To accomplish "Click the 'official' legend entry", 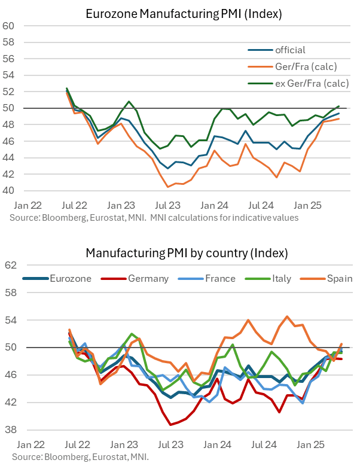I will (x=290, y=50).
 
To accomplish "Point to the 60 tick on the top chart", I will (x=8, y=26).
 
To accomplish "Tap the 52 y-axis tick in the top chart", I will (x=8, y=92).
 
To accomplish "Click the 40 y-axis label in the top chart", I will (x=8, y=191).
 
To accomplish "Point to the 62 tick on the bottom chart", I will (x=10, y=265).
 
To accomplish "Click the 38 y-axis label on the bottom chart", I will (x=10, y=430).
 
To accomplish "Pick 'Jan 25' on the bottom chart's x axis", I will (x=310, y=445).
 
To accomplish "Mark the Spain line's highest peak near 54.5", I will (x=287, y=316).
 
